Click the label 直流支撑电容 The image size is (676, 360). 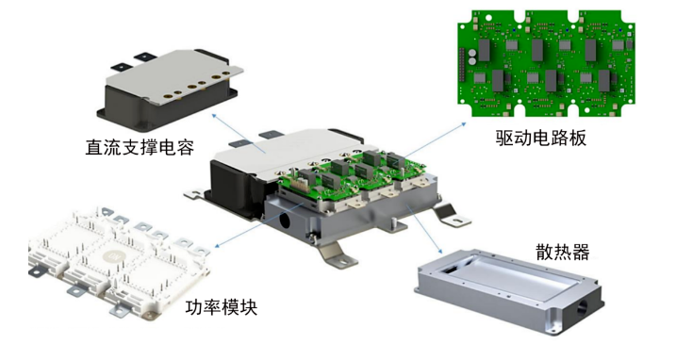click(x=140, y=147)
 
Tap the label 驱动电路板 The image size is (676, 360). click(x=540, y=138)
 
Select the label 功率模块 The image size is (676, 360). click(x=222, y=307)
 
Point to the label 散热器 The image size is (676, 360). click(x=562, y=252)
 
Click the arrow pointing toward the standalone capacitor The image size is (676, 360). click(x=239, y=134)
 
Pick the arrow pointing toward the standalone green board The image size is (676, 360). click(x=436, y=139)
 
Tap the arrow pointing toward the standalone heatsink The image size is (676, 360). click(x=424, y=230)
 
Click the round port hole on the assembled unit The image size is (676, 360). click(x=285, y=221)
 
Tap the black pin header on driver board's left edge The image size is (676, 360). click(x=462, y=64)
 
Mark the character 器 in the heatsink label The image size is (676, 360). click(x=580, y=252)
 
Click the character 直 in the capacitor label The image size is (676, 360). click(x=94, y=147)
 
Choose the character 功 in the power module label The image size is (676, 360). click(x=194, y=307)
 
